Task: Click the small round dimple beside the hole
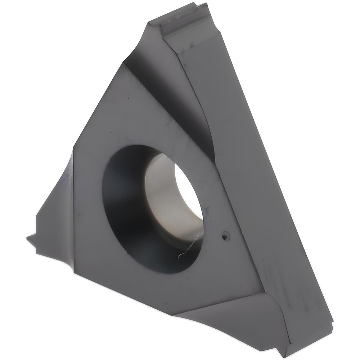coord(226,236)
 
